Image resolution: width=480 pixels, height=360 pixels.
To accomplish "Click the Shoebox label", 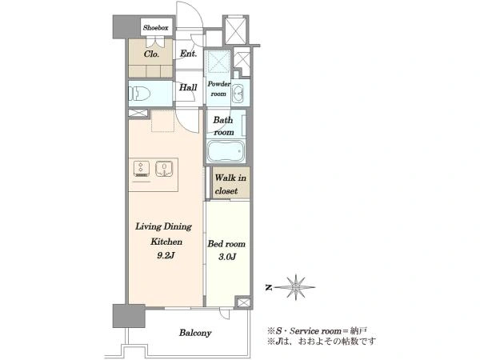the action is pos(155,28).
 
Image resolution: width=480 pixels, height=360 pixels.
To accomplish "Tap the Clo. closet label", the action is pos(151,54).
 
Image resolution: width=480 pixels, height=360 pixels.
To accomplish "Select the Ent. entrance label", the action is pos(188,54).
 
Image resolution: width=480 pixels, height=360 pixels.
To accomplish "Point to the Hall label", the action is pos(188,87).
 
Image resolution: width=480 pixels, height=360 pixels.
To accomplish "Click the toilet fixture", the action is pos(139,94).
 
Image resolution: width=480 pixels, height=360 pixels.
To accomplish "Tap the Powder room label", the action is pos(219,89).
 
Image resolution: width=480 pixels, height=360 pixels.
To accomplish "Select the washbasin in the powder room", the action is pos(238,94).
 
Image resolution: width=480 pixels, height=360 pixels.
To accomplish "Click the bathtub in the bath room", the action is pos(226,151).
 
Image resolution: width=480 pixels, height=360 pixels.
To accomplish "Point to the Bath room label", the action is pos(223,126).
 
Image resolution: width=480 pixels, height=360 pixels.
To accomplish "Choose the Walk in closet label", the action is pos(230,184).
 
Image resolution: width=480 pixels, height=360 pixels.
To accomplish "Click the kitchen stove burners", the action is pos(142,169).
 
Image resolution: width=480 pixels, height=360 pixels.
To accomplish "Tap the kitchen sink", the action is pos(164,169).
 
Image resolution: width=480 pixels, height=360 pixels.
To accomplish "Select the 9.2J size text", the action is pos(166,255).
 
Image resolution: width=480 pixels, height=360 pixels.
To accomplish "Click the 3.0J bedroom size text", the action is pos(227,257).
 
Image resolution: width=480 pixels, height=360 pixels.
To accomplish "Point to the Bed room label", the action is pos(226,244).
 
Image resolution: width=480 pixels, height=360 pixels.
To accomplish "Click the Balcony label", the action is pos(195,333).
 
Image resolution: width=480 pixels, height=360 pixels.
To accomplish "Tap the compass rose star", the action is pos(296,287).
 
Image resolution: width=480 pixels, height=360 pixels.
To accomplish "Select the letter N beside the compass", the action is pos(269,287).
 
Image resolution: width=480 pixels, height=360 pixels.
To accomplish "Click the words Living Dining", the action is pos(163,227).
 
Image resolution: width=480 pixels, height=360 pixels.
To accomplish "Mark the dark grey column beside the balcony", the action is pos(129,316).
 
